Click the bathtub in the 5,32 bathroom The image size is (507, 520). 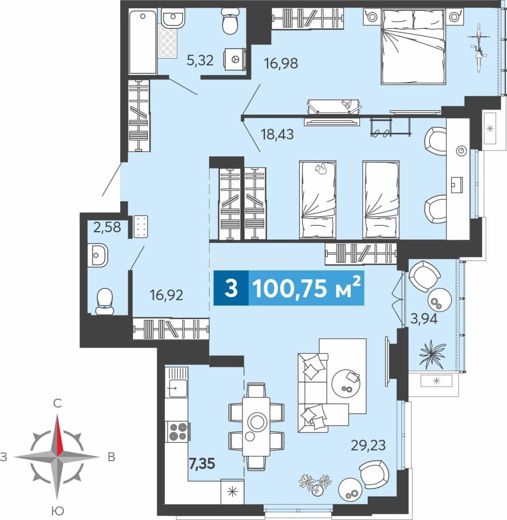[x=143, y=42]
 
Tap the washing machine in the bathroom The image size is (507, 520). [x=235, y=59]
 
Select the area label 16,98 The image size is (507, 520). [x=281, y=63]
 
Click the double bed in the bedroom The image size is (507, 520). [x=414, y=46]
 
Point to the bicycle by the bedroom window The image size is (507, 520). [x=479, y=48]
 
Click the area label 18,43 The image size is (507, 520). [x=277, y=134]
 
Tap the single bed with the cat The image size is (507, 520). [x=318, y=200]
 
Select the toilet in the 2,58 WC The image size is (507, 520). [x=105, y=301]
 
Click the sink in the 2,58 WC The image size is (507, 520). [x=98, y=255]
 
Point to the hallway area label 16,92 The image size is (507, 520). [x=166, y=295]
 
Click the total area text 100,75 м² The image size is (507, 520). [x=307, y=288]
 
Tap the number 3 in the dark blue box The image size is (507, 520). [x=231, y=288]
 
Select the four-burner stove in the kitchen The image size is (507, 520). [x=177, y=432]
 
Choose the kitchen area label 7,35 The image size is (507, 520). [x=202, y=463]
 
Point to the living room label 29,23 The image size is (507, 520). [x=369, y=445]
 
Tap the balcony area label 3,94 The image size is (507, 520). [x=424, y=319]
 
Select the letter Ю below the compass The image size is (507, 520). [x=58, y=510]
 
